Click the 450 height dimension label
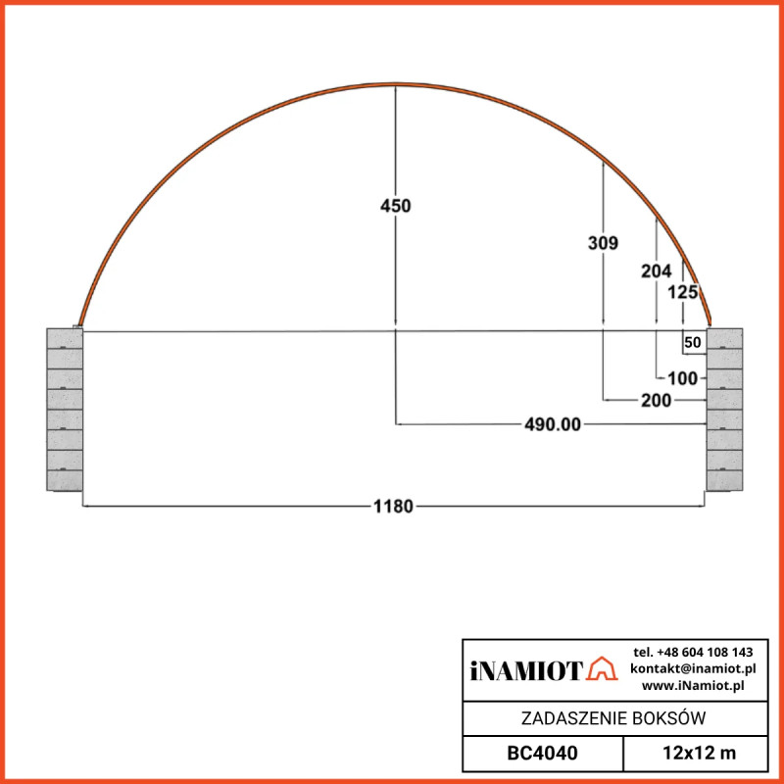(395, 206)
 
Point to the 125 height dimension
(682, 292)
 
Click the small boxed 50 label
(693, 342)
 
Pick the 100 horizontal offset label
(682, 377)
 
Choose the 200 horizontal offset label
(656, 400)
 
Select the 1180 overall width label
(393, 506)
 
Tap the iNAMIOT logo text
(526, 670)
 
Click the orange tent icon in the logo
(601, 669)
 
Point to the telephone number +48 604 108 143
(693, 652)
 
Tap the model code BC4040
(542, 754)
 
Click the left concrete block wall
(65, 410)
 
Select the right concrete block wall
(725, 410)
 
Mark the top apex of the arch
(395, 85)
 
